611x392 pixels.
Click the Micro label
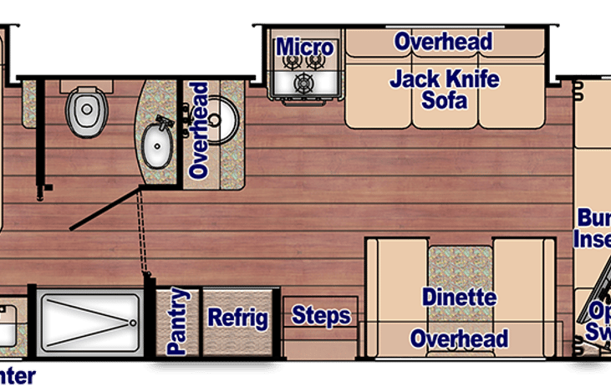[305, 47]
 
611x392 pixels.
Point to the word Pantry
[177, 322]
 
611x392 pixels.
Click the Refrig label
[237, 318]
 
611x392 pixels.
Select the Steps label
[320, 315]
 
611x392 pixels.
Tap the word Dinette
[459, 298]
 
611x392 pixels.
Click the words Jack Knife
[445, 80]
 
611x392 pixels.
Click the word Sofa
[445, 103]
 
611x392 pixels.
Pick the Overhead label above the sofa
[443, 41]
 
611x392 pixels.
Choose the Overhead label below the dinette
[459, 339]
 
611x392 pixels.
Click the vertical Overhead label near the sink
[199, 130]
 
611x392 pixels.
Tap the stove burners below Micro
[305, 74]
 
